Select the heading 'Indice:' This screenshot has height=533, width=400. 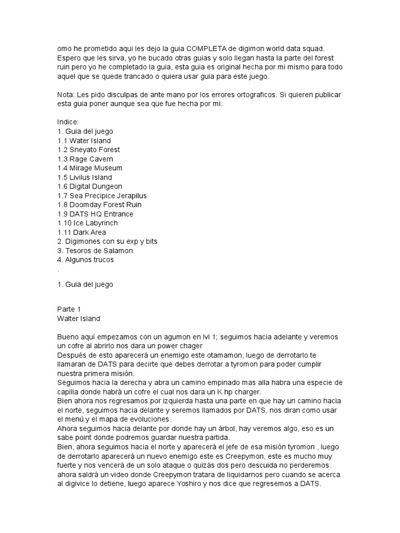tap(68, 122)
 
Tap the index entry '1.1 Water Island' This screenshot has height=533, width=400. tap(84, 141)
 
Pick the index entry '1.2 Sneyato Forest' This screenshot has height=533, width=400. tap(89, 150)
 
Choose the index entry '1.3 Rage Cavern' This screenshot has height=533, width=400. tap(85, 159)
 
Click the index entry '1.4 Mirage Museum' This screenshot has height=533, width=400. tap(90, 168)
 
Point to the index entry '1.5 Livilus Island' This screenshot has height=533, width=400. tap(84, 177)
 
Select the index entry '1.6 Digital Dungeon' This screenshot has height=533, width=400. tap(90, 186)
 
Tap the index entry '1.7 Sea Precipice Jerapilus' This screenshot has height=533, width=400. tap(102, 196)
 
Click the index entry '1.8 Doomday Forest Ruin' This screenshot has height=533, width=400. tap(99, 205)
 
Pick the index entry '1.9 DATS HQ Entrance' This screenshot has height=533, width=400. tap(95, 214)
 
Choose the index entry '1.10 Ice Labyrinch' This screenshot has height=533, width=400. tap(87, 223)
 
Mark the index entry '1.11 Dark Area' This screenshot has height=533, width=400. tap(82, 232)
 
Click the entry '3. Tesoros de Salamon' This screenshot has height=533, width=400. tap(95, 250)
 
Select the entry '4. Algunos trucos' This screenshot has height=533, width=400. tap(85, 260)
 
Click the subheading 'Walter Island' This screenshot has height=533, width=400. tap(79, 318)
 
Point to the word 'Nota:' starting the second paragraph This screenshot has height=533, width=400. tap(66, 95)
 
